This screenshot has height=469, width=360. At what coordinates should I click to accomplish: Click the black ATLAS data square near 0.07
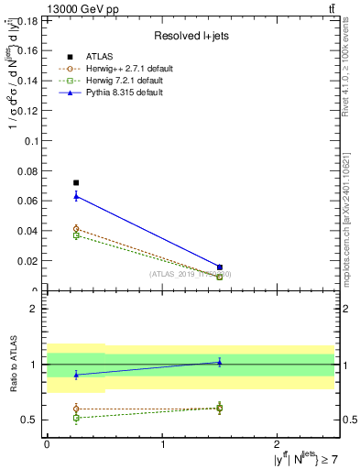[x=76, y=182]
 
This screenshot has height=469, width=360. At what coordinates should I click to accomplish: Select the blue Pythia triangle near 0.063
[x=76, y=196]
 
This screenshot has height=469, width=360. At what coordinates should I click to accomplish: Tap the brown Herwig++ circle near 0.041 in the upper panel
[x=76, y=229]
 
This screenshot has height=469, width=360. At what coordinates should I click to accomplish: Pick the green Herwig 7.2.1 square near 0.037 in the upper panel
[x=76, y=235]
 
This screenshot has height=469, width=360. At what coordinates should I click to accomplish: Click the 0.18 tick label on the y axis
[x=29, y=20]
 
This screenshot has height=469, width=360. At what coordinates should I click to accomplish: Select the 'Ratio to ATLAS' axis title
[x=13, y=364]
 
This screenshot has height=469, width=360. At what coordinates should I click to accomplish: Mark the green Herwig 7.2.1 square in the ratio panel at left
[x=76, y=418]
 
